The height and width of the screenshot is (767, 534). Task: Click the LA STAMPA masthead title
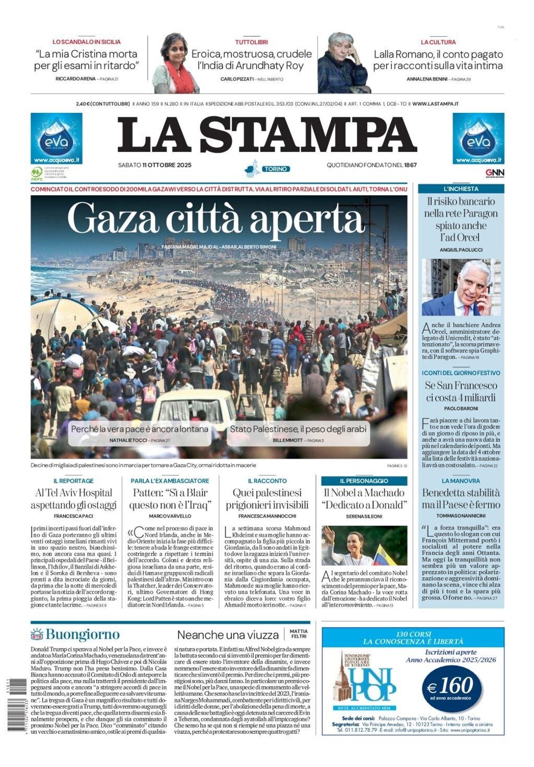(x=266, y=134)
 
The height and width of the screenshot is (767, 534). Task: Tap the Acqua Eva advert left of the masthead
(x=56, y=139)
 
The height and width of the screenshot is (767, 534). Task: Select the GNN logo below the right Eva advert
(x=494, y=173)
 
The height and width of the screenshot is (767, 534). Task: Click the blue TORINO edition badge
(x=275, y=169)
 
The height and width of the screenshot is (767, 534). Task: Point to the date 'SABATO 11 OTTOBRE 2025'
(x=154, y=165)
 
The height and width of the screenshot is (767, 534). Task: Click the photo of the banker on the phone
(x=461, y=287)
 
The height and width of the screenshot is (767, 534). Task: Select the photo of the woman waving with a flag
(x=364, y=546)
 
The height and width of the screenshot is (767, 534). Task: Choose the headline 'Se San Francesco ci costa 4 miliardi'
(x=461, y=392)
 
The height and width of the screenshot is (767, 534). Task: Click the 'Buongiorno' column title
(x=82, y=635)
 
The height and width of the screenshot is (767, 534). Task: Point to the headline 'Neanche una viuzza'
(x=228, y=635)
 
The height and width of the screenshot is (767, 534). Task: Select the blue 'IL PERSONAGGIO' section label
(x=364, y=481)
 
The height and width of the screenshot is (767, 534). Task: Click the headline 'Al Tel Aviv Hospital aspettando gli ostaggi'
(x=74, y=499)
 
